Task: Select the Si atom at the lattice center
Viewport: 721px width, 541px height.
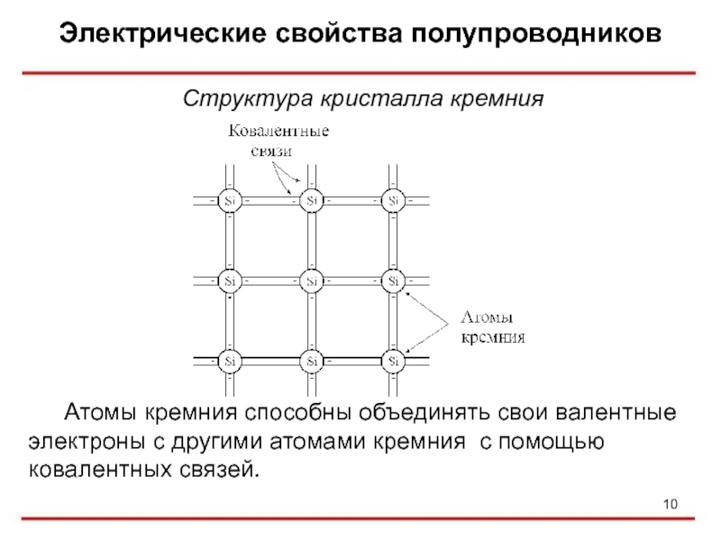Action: point(312,280)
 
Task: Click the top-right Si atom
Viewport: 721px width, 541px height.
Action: point(394,200)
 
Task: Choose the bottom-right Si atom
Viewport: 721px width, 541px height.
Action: point(394,361)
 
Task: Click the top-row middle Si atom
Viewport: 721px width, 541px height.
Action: point(312,200)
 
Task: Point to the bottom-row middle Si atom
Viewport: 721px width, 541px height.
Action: point(312,361)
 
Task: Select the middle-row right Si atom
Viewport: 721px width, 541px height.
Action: point(394,280)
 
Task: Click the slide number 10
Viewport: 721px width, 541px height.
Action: point(669,503)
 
